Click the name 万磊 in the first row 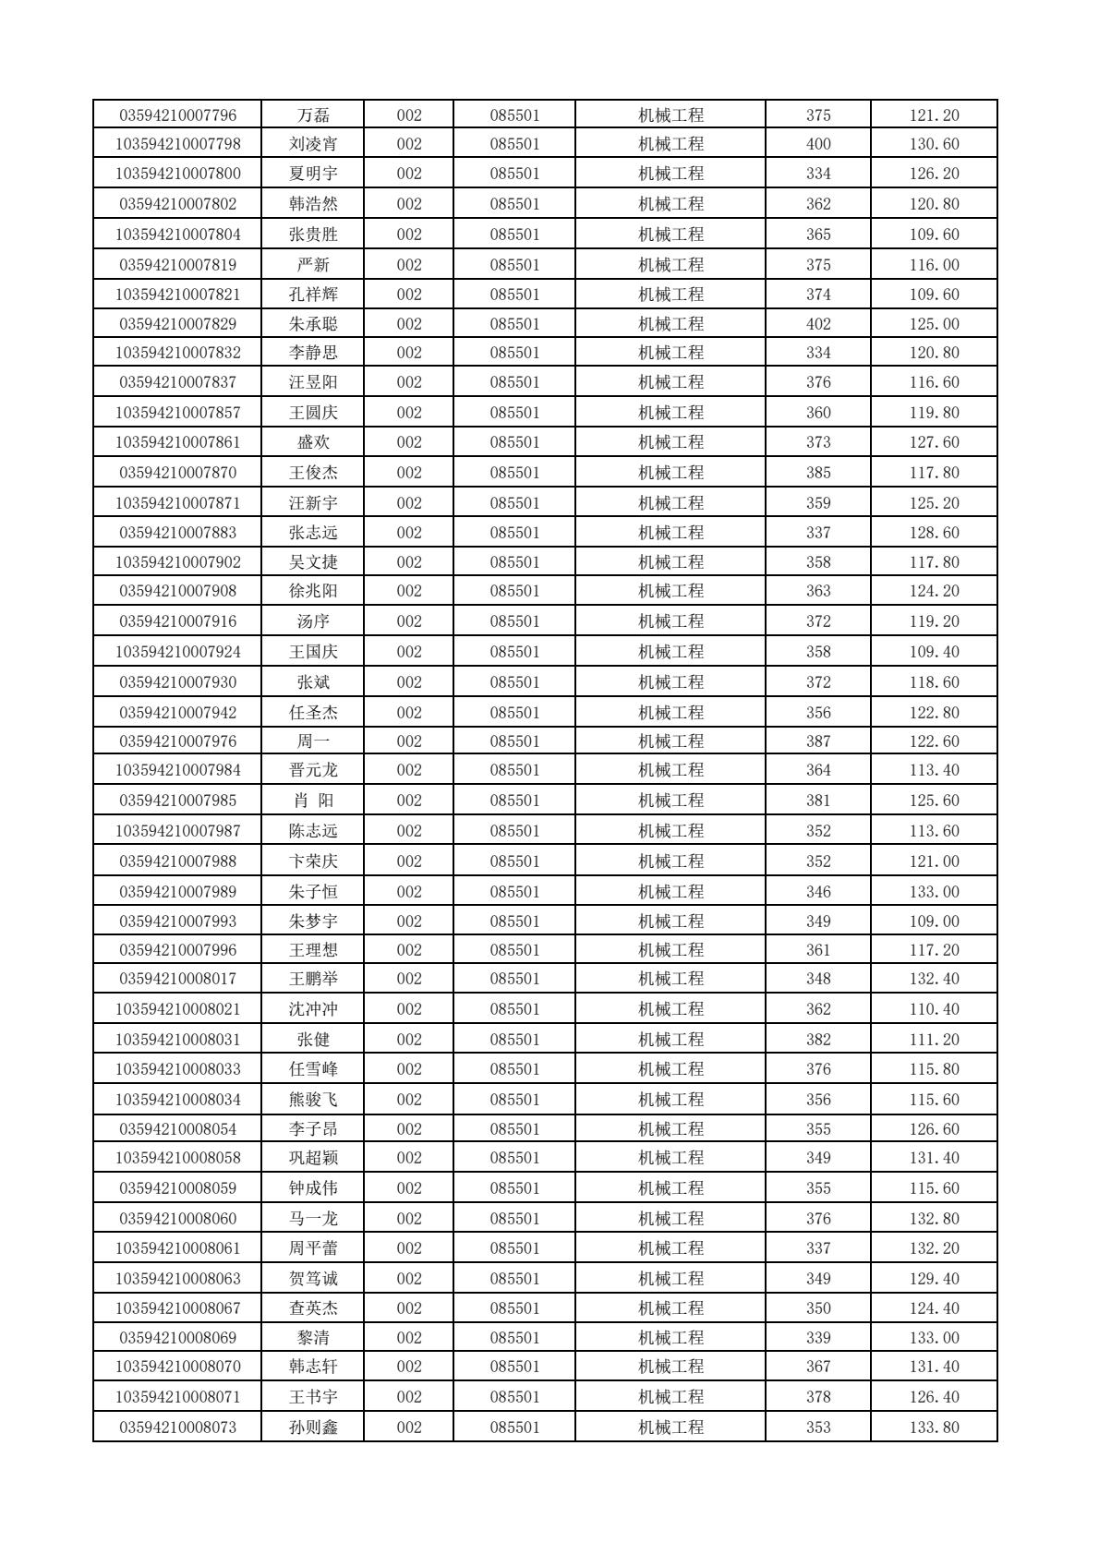click(313, 115)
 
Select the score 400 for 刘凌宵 click(818, 144)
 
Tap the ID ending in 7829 click(178, 324)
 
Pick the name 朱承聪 click(313, 324)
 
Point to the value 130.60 click(934, 144)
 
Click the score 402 click(818, 324)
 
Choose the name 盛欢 click(313, 442)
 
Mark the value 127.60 click(934, 442)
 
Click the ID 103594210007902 click(178, 562)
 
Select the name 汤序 click(313, 621)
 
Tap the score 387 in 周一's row click(818, 741)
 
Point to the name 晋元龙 click(313, 770)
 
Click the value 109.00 click(934, 922)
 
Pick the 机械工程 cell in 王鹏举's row click(670, 979)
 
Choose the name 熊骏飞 click(313, 1100)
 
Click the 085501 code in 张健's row click(514, 1040)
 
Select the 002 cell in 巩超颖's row click(409, 1158)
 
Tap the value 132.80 click(934, 1219)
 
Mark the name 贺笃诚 click(313, 1279)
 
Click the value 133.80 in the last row click(934, 1428)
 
